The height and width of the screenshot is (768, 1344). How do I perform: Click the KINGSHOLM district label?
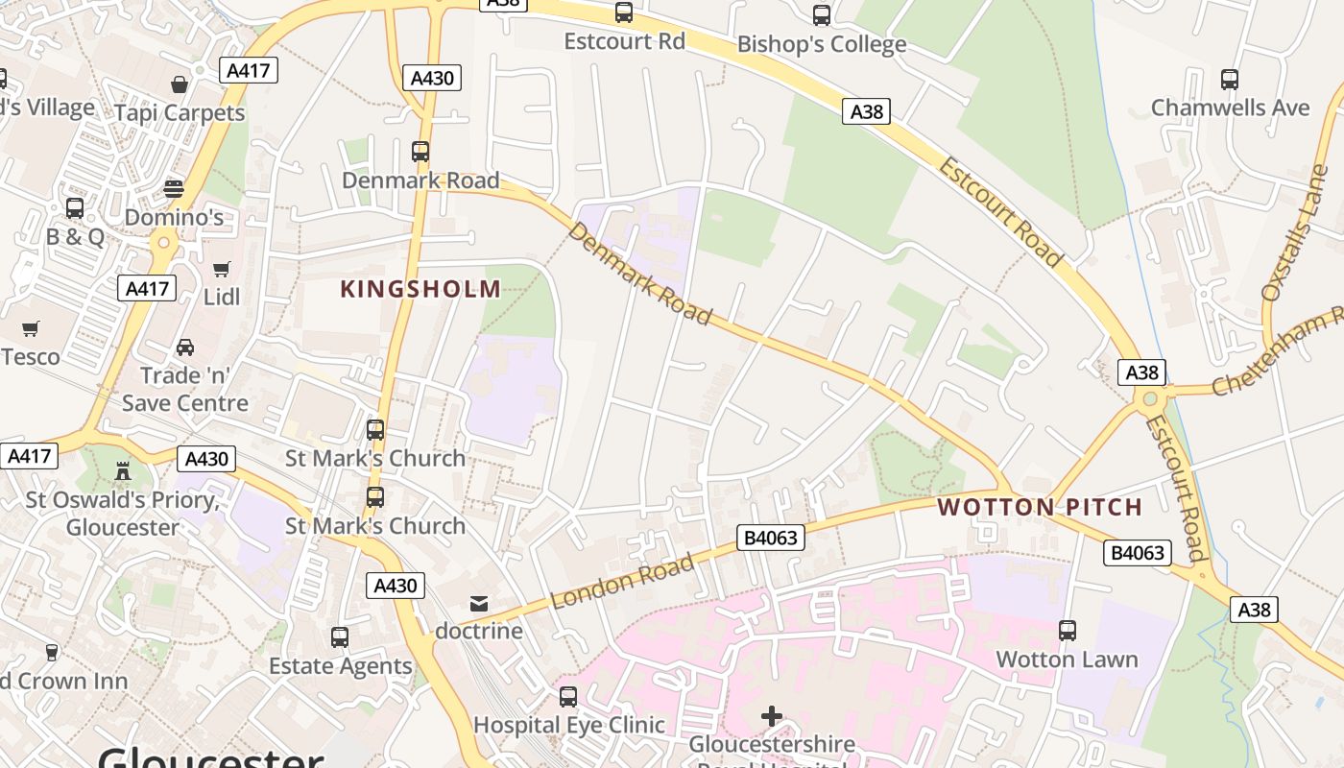click(420, 289)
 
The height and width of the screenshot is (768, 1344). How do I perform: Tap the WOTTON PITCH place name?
click(1040, 507)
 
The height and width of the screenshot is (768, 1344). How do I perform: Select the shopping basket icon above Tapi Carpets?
click(180, 85)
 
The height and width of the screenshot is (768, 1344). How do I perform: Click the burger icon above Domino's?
click(174, 188)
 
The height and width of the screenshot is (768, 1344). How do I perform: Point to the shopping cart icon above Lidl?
click(222, 270)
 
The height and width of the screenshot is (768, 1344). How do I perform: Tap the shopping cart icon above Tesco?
click(30, 329)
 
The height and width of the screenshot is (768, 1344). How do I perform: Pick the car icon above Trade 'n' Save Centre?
click(185, 347)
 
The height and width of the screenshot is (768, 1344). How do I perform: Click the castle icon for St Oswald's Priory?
click(123, 471)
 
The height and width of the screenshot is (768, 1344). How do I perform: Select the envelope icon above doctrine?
click(478, 604)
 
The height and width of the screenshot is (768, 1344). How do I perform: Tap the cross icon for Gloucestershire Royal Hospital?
click(772, 716)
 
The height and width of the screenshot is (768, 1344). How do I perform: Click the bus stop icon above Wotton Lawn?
click(1067, 631)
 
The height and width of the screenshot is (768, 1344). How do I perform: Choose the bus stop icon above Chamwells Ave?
click(1230, 80)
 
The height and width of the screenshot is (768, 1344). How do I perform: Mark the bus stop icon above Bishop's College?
click(822, 15)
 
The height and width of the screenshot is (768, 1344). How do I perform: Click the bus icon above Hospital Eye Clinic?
click(568, 697)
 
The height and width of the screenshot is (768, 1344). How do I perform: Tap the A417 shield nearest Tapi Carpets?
click(249, 70)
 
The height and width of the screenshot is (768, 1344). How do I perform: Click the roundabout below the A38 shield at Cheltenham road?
click(1150, 397)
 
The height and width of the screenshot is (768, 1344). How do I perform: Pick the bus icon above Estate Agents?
click(340, 637)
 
